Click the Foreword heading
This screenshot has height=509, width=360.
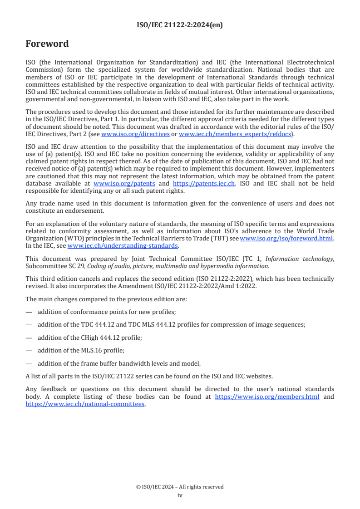click(47, 44)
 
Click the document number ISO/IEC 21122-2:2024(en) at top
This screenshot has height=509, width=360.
click(180, 25)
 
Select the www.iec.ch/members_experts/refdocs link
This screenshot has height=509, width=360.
click(234, 134)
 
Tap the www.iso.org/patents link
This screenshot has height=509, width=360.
click(124, 184)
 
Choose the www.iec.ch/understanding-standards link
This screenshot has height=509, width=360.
click(123, 245)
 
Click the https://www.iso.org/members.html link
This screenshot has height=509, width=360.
click(266, 396)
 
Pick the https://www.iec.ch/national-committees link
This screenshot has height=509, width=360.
click(85, 404)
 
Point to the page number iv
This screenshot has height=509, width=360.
click(180, 495)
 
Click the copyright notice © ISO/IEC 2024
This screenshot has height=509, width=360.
click(180, 487)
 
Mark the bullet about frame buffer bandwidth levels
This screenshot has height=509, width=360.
click(119, 363)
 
